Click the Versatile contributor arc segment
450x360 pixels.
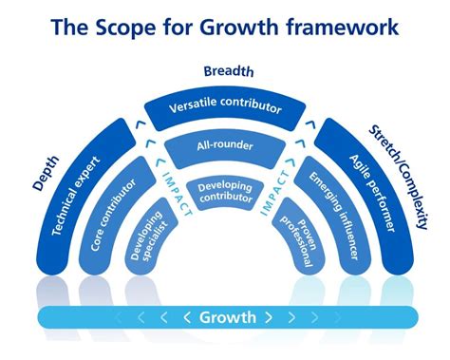click(224, 107)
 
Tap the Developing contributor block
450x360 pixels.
click(225, 191)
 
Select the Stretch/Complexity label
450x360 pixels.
click(403, 176)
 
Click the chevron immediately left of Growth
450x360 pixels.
click(188, 317)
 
